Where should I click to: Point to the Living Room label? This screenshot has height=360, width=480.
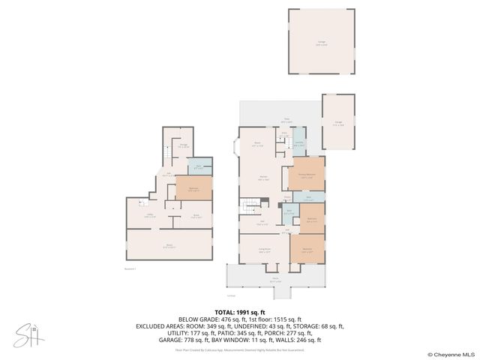pyautogui.click(x=264, y=251)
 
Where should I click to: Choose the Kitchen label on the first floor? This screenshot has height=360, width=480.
pyautogui.click(x=263, y=179)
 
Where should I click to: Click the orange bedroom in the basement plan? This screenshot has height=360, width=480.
pyautogui.click(x=193, y=188)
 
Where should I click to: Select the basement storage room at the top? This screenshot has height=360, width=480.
pyautogui.click(x=183, y=146)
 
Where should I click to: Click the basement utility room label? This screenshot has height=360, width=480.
pyautogui.click(x=150, y=215)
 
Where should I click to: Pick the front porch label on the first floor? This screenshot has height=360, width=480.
pyautogui.click(x=275, y=279)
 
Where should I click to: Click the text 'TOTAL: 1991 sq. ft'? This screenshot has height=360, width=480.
pyautogui.click(x=240, y=313)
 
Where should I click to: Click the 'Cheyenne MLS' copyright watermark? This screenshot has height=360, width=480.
pyautogui.click(x=453, y=354)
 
